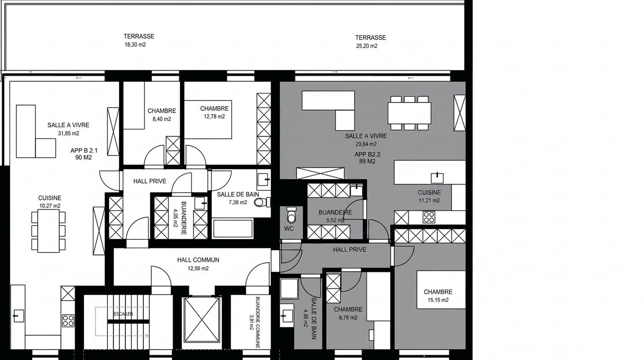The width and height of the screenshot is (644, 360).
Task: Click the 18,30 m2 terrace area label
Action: tap(135, 45)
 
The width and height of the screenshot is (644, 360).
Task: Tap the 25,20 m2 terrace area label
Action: tap(367, 46)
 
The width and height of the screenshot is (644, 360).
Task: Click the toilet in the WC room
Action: tap(291, 215)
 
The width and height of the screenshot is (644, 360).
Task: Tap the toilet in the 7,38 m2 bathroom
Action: tap(262, 202)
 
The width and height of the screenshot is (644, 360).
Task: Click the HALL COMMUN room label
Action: tap(198, 260)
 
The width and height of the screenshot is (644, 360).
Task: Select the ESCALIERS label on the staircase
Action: tap(123, 314)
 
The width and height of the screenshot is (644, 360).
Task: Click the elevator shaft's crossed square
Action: tap(202, 320)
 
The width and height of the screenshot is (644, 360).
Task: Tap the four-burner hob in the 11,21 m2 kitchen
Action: tap(429, 217)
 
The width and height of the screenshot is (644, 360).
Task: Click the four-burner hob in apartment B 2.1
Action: tap(68, 321)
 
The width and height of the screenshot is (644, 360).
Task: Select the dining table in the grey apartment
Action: tap(409, 113)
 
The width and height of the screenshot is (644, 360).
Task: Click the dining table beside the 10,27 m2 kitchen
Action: tap(48, 231)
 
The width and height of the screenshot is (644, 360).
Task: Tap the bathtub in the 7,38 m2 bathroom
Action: tap(233, 229)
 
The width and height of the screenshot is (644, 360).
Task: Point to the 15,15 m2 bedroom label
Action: tap(438, 296)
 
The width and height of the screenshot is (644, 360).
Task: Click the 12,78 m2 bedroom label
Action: tap(215, 112)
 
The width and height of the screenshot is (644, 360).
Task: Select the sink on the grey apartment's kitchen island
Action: tap(437, 178)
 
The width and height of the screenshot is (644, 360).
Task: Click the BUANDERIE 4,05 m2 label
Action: tap(180, 218)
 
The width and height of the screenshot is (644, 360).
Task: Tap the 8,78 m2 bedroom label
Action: tap(348, 313)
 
